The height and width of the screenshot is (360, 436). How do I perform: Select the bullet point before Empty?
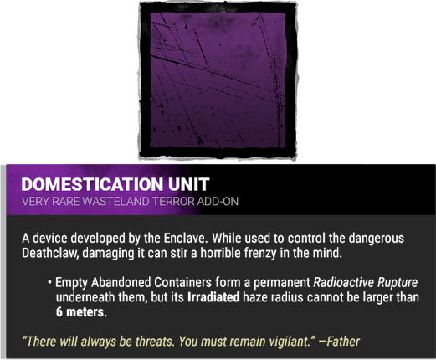click(x=49, y=282)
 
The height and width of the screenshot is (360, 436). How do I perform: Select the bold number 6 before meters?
click(x=59, y=312)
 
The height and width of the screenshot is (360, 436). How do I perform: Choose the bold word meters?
click(x=87, y=312)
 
